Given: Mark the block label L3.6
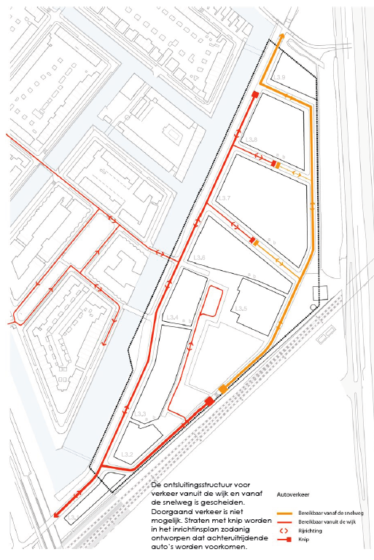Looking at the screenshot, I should click(200, 258).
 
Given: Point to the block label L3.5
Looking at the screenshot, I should click(242, 309).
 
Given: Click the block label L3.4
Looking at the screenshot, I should click(173, 318).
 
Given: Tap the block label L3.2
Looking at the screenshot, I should click(128, 454).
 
